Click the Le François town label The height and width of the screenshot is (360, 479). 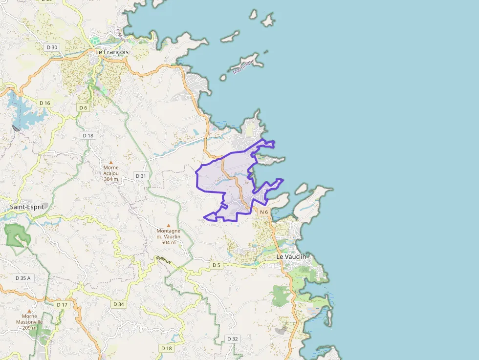[x=112, y=51]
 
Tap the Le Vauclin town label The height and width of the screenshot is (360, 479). [x=291, y=256]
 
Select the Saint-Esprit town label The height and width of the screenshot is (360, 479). [x=27, y=207]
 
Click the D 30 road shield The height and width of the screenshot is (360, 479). [x=51, y=47]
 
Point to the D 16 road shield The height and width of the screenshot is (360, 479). [x=45, y=103]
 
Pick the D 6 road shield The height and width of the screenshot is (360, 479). [x=83, y=107]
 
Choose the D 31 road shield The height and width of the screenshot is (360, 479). [x=141, y=175]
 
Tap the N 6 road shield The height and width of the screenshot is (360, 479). [x=264, y=212]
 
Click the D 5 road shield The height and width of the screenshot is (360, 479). [x=217, y=265]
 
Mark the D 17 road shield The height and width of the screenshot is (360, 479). [x=62, y=304]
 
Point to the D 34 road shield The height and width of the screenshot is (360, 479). [x=119, y=304]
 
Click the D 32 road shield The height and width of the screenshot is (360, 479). [x=233, y=339]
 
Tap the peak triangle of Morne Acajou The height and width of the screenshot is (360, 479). [x=111, y=162]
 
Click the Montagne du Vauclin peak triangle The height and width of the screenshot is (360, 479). [x=169, y=225]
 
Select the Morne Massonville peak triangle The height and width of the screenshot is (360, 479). [x=29, y=311]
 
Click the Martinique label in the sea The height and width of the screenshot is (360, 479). [x=244, y=67]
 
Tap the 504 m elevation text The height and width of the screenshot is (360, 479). [x=169, y=242]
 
